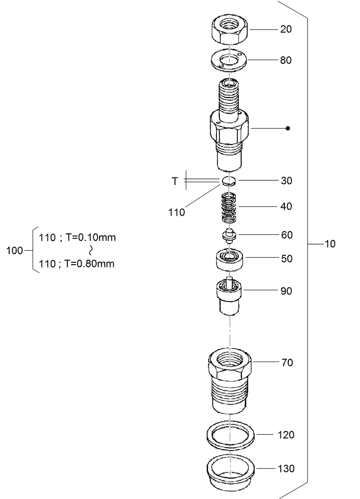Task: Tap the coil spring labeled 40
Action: [x=228, y=208]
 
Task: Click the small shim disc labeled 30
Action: [x=228, y=181]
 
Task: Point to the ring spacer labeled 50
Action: [x=228, y=259]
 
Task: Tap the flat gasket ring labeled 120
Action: [x=231, y=435]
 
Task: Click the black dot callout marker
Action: [x=288, y=128]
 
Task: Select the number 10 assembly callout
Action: [x=330, y=244]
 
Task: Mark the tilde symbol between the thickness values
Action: [x=91, y=251]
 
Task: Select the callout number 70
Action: [x=287, y=362]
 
